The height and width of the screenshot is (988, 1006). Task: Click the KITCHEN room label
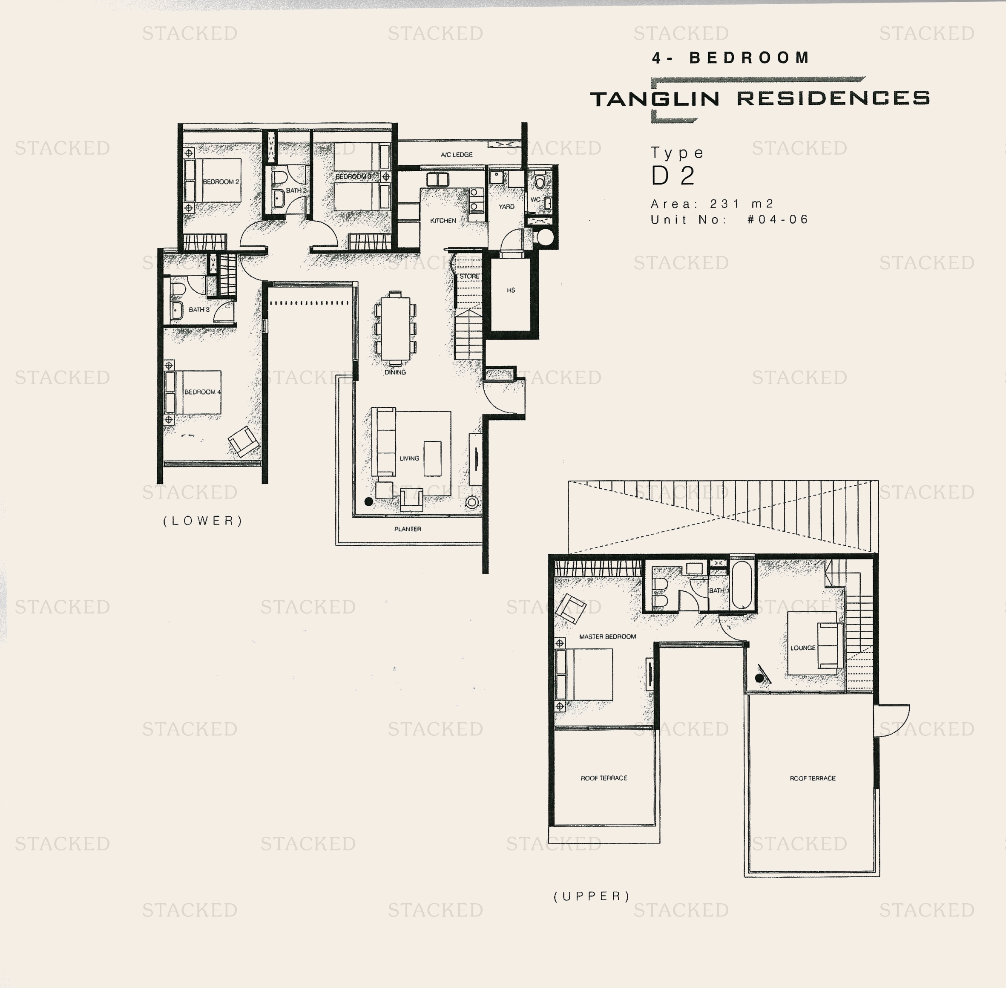pyautogui.click(x=443, y=221)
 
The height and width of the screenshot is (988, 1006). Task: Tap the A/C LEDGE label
pyautogui.click(x=457, y=155)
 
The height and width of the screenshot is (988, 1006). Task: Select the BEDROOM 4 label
pyautogui.click(x=203, y=392)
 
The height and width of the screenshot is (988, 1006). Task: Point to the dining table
pyautogui.click(x=395, y=328)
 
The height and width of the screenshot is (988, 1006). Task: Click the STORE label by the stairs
pyautogui.click(x=469, y=276)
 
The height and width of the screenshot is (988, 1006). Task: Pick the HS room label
pyautogui.click(x=511, y=290)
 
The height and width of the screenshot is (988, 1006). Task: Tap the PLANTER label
pyautogui.click(x=408, y=529)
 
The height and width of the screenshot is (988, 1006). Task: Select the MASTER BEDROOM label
pyautogui.click(x=607, y=636)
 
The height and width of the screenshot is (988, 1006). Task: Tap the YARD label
pyautogui.click(x=506, y=207)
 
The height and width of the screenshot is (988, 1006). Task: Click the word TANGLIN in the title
pyautogui.click(x=655, y=98)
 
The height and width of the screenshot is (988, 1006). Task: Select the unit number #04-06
pyautogui.click(x=778, y=219)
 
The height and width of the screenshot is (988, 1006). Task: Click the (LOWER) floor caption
pyautogui.click(x=203, y=521)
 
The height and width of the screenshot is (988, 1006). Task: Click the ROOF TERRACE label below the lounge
pyautogui.click(x=813, y=778)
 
